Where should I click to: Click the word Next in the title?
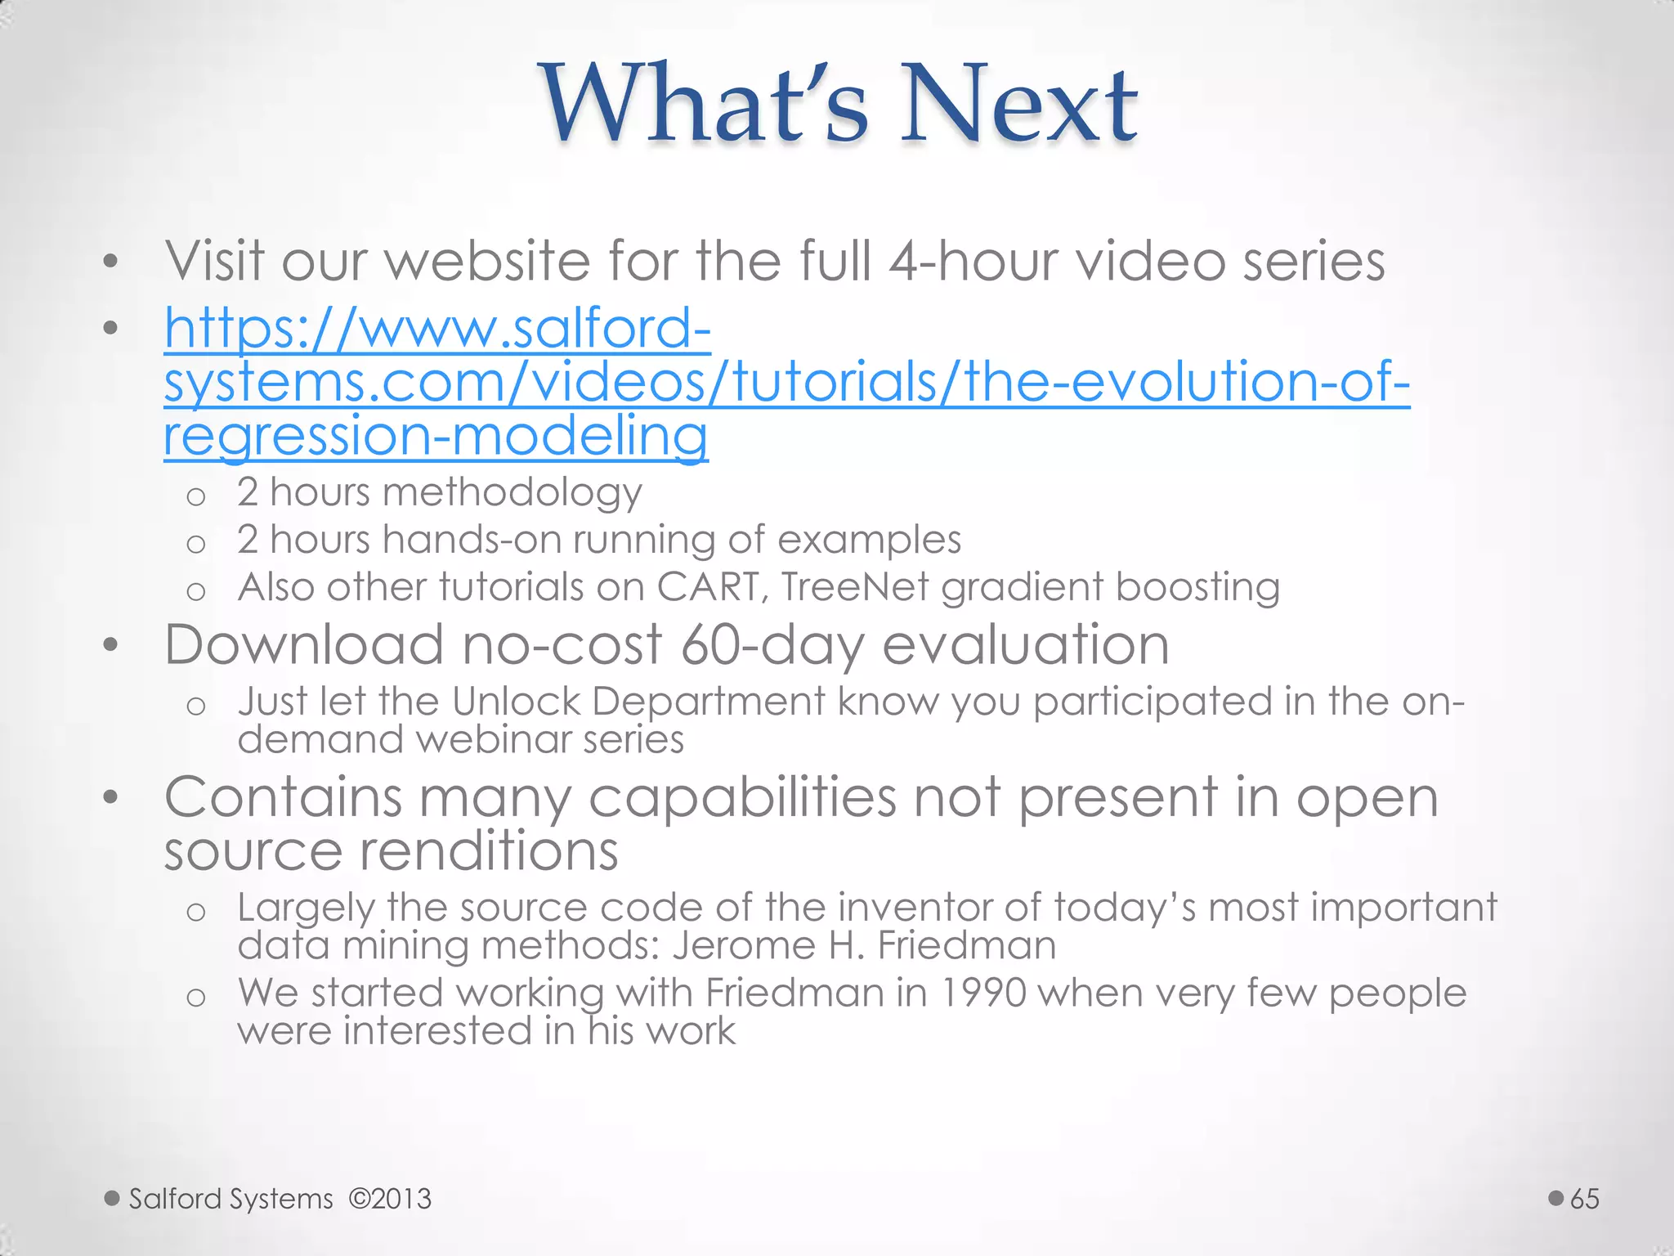(x=1019, y=105)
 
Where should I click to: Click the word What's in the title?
(x=703, y=105)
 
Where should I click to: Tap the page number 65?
(x=1584, y=1199)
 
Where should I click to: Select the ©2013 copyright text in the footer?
(x=390, y=1199)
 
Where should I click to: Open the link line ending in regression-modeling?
(x=436, y=435)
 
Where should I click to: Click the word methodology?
(x=512, y=493)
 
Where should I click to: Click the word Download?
(x=304, y=644)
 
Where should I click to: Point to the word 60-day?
(x=772, y=646)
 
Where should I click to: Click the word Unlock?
(x=515, y=702)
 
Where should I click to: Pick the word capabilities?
(x=742, y=798)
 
